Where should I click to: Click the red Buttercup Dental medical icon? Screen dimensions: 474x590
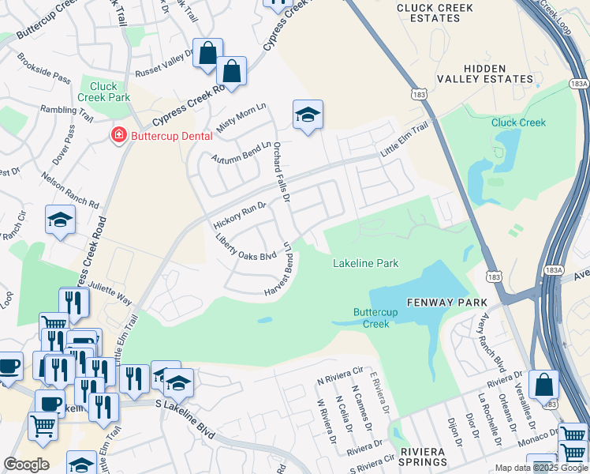(119, 136)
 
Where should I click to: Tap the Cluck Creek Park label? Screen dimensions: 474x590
(103, 92)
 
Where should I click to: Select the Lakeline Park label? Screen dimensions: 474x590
(365, 263)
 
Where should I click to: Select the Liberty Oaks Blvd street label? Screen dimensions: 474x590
(246, 249)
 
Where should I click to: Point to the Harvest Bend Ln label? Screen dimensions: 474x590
(285, 270)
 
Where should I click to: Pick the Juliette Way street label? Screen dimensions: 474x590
(110, 293)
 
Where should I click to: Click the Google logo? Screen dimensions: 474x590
(26, 465)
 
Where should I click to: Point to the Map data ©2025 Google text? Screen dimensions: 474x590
(540, 468)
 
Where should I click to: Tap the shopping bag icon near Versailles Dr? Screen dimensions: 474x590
(543, 386)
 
